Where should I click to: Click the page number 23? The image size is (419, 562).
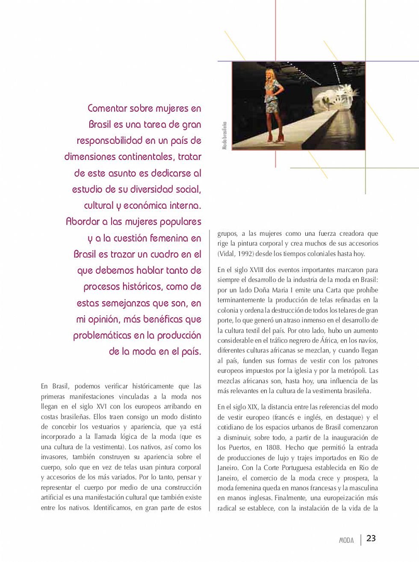coord(371,538)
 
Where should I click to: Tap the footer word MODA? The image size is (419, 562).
coord(346,541)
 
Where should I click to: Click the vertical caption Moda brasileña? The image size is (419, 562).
coord(224,136)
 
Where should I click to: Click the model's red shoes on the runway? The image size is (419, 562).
coord(270,138)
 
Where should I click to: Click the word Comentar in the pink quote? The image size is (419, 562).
coord(108,108)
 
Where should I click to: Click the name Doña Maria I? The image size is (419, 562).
coord(273,290)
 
